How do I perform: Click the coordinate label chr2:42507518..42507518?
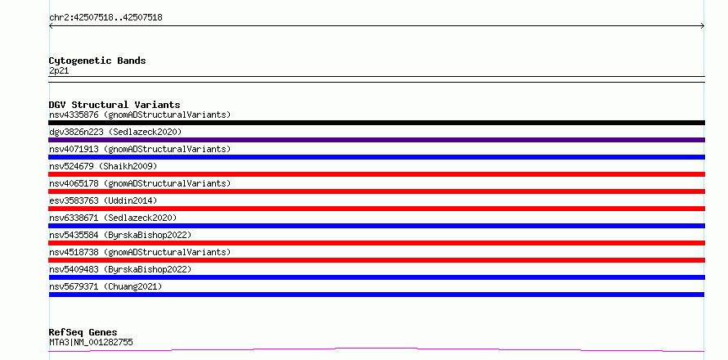point(106,18)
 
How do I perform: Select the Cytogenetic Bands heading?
point(97,61)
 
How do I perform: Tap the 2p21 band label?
point(59,71)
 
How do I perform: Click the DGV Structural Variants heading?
point(115,105)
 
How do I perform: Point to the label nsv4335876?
point(74,115)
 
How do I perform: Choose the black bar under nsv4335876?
point(376,123)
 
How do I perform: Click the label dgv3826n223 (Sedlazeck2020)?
point(115,132)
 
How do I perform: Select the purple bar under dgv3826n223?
point(376,140)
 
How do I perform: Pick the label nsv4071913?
point(74,149)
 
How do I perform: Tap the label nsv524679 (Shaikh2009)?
point(103,166)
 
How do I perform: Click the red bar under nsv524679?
point(376,174)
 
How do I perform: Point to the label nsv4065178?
point(74,183)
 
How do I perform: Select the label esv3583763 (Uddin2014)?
point(103,200)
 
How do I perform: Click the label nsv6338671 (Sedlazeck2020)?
point(113,218)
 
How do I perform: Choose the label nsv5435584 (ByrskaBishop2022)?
point(120,235)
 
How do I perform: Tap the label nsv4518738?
point(74,252)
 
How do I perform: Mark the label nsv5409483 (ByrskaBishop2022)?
point(120,269)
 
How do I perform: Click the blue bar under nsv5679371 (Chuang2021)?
point(376,295)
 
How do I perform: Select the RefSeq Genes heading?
point(83,332)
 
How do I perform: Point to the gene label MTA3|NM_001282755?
point(91,342)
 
